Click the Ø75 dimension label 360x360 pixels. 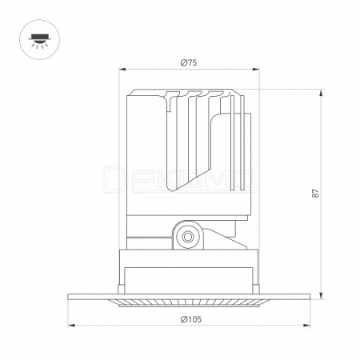189,63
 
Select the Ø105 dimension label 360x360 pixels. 191,319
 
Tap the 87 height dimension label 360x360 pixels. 315,194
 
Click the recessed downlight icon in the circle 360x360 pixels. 39,40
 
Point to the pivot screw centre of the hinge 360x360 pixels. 188,236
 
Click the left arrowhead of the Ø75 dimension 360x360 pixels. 122,70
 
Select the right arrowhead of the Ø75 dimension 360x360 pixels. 256,70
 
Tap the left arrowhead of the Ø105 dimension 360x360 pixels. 71,326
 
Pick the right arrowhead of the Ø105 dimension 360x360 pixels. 306,326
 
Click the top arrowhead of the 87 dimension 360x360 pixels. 322,94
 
